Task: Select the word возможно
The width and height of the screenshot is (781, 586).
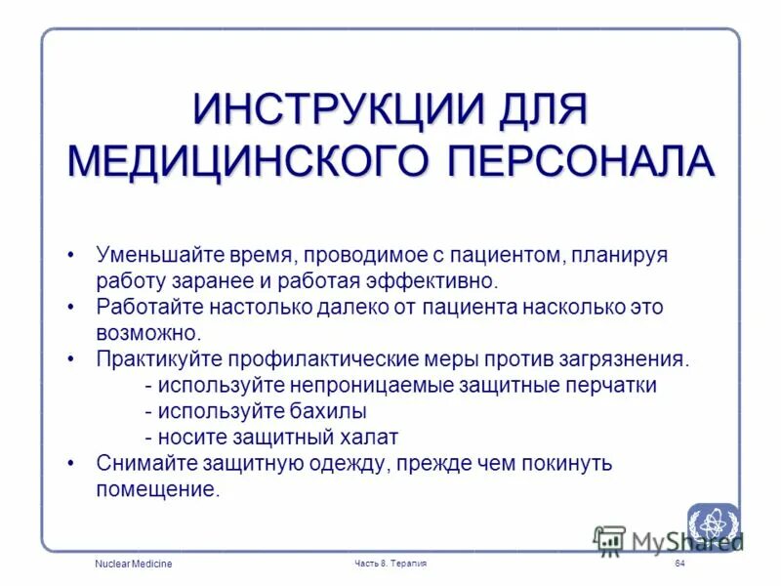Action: (x=148, y=333)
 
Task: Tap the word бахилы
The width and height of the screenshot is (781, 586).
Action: (x=332, y=411)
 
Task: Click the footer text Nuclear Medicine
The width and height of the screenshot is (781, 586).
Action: (x=134, y=565)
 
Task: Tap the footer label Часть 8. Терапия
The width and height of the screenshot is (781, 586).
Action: (x=390, y=565)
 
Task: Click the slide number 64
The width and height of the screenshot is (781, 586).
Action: (x=679, y=565)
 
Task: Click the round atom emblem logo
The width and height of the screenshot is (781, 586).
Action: (x=713, y=525)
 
